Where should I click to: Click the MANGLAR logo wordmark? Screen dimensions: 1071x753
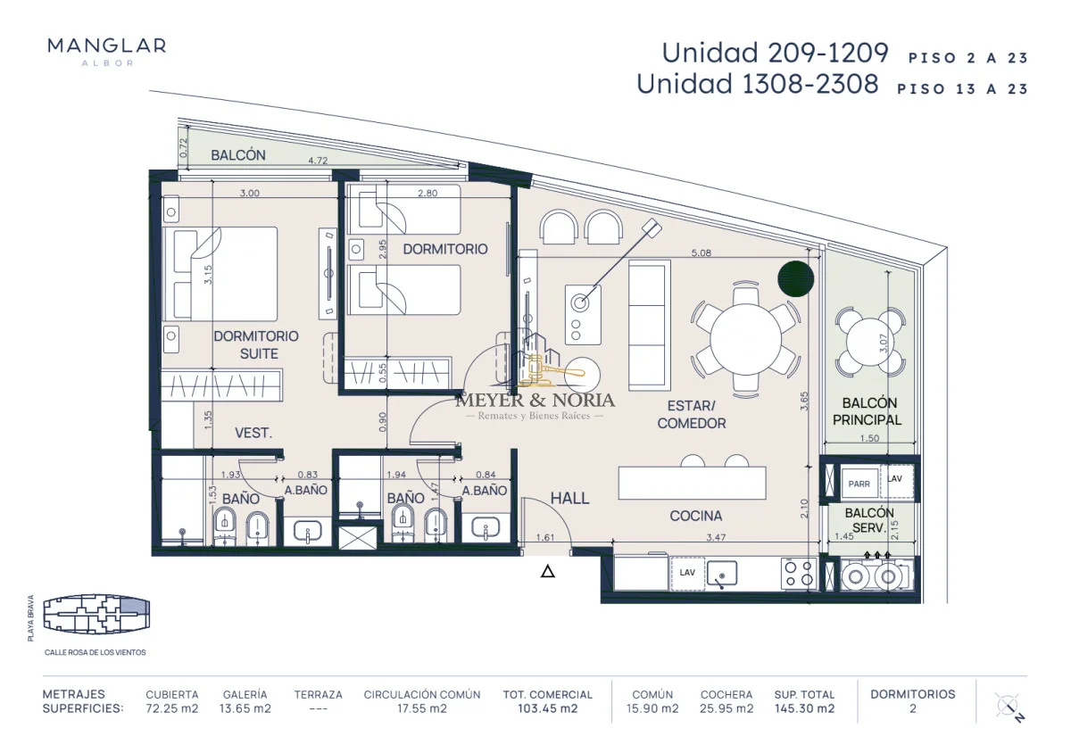(106, 46)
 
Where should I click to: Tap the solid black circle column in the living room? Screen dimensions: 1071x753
(795, 278)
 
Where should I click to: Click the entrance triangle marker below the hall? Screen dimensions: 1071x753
(548, 571)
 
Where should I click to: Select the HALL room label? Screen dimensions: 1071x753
(569, 499)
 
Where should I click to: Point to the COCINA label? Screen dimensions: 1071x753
(695, 516)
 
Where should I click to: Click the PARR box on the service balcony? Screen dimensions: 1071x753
(859, 484)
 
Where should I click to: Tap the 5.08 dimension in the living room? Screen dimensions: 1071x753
(701, 252)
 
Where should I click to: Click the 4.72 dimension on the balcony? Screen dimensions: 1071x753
(318, 161)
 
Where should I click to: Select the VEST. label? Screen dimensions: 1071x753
(253, 434)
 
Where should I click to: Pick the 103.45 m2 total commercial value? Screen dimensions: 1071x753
(547, 708)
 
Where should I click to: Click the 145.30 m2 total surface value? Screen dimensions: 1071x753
(805, 708)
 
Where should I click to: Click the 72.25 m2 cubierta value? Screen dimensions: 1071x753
(172, 708)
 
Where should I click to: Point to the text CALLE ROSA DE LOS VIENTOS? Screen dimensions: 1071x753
(95, 652)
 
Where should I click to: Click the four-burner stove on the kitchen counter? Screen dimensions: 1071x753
(799, 574)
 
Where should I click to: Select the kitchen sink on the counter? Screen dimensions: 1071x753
(722, 574)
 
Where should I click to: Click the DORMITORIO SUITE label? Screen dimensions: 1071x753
(256, 344)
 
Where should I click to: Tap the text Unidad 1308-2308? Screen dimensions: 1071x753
(758, 84)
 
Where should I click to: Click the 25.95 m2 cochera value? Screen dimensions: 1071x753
(726, 708)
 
